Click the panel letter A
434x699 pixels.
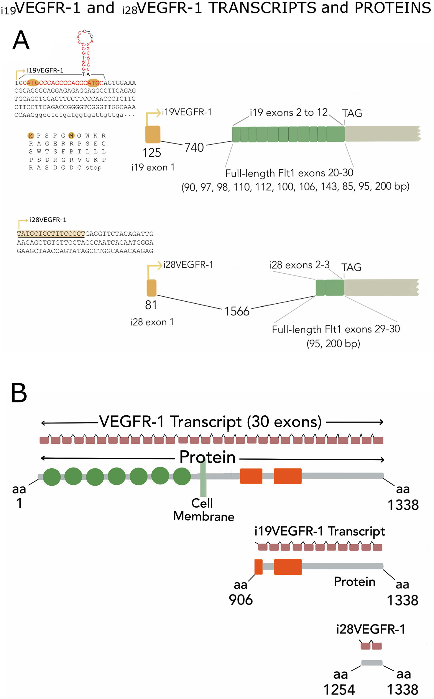tap(21, 40)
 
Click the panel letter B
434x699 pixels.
tap(19, 393)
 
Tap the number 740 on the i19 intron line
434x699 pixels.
tap(194, 147)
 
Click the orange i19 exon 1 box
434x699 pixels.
tap(153, 134)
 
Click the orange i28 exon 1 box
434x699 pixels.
tap(151, 288)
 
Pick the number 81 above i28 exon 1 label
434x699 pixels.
tap(151, 305)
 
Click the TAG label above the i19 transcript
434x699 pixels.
tap(352, 113)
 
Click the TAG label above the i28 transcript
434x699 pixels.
tap(351, 267)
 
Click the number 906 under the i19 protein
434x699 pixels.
tap(240, 600)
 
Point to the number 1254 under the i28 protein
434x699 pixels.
tap(339, 689)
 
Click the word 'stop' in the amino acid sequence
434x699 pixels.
tap(93, 168)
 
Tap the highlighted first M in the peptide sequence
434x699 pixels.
tap(31, 136)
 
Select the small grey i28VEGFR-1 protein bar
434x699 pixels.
tap(372, 663)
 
